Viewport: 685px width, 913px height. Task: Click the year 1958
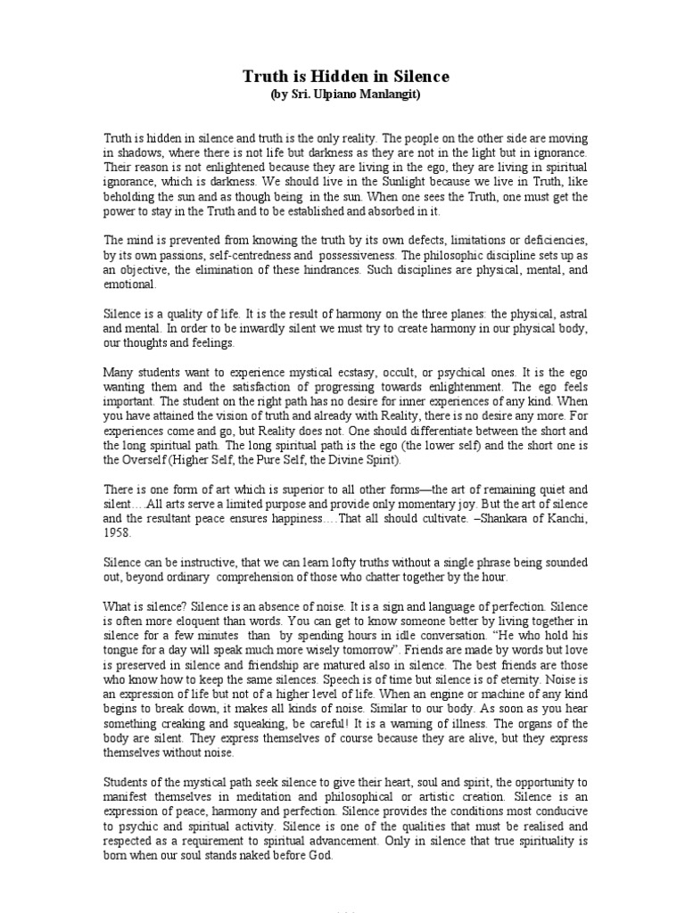[x=118, y=532]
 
